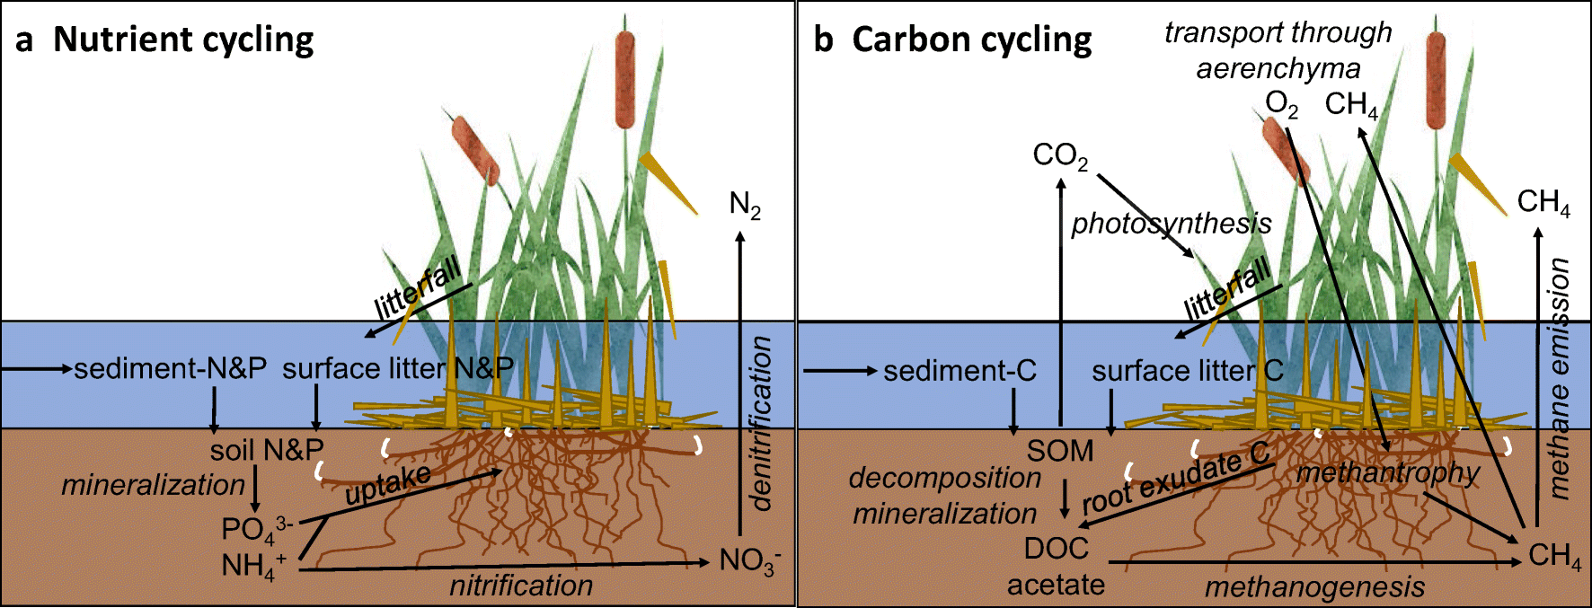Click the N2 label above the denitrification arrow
click(x=745, y=206)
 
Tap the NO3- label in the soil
click(x=749, y=561)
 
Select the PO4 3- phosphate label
click(x=255, y=529)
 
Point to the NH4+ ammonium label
click(x=252, y=566)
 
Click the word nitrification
click(x=521, y=586)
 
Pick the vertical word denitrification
click(x=761, y=423)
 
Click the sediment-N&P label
click(x=170, y=368)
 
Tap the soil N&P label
click(x=267, y=449)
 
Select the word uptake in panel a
click(x=388, y=485)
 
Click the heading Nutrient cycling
click(x=183, y=40)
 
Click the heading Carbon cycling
click(x=971, y=40)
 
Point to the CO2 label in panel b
click(x=1060, y=155)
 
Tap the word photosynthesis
click(x=1171, y=223)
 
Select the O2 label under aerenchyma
click(x=1281, y=105)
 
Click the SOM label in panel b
click(x=1060, y=450)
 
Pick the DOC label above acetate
click(x=1057, y=548)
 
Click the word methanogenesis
click(x=1314, y=587)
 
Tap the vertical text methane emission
click(x=1560, y=378)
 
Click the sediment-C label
click(x=960, y=370)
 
